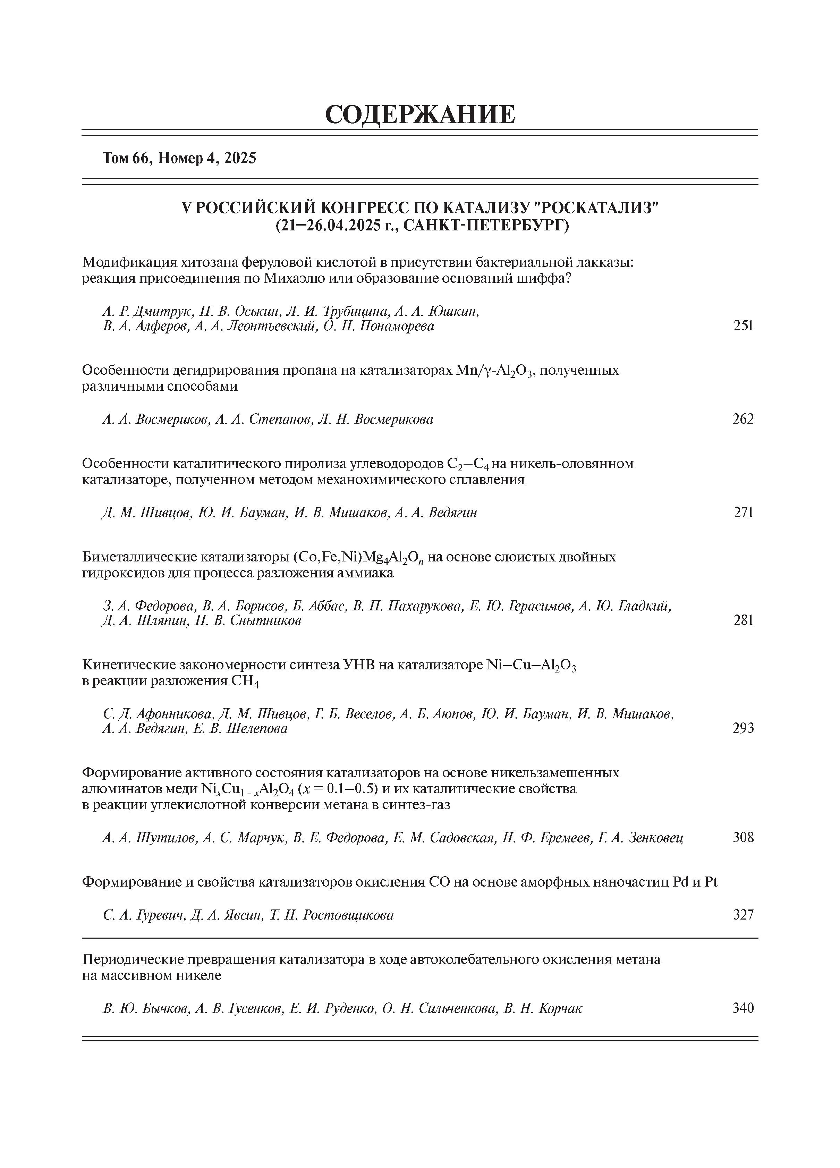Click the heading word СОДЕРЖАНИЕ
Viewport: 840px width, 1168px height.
click(420, 114)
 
